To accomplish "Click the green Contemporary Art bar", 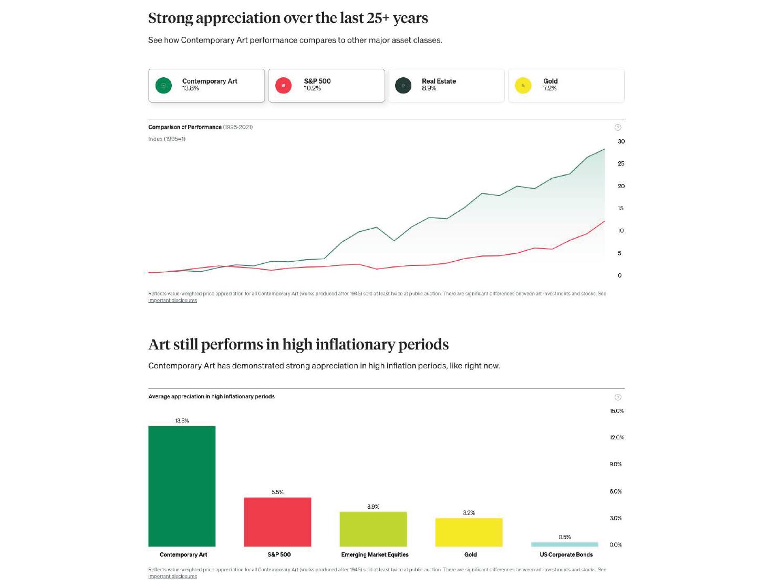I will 182,486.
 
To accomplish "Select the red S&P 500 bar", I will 277,522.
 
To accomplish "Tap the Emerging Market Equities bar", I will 373,529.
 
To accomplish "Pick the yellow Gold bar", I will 469,532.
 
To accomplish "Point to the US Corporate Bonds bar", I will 564,544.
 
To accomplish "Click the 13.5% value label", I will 182,421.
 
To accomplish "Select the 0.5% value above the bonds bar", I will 564,537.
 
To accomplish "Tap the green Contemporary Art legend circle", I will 163,85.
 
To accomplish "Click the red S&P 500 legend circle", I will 283,85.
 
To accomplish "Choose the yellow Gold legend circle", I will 523,85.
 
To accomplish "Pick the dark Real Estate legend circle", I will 403,85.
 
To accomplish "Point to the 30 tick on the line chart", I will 621,141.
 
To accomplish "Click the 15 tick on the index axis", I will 620,209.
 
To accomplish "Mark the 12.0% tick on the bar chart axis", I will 617,438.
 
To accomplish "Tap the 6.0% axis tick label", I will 616,491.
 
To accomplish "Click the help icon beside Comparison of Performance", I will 618,127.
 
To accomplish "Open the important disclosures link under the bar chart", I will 172,577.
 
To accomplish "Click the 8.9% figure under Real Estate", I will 429,88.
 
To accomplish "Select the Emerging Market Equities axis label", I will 375,554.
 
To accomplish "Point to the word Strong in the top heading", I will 170,18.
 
